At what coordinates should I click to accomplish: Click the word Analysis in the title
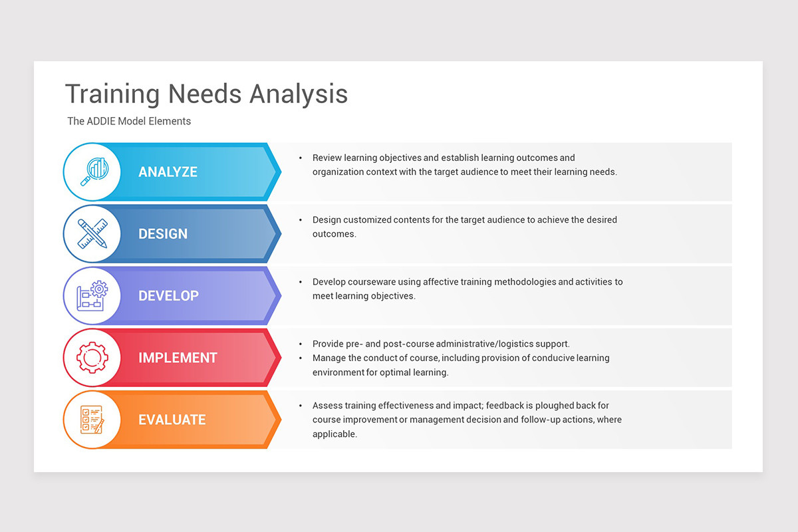pyautogui.click(x=299, y=94)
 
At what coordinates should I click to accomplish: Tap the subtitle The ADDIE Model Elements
pyautogui.click(x=129, y=121)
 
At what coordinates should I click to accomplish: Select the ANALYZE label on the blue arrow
pyautogui.click(x=168, y=172)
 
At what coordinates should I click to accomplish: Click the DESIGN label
pyautogui.click(x=163, y=233)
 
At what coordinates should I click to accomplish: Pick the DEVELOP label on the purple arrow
pyautogui.click(x=168, y=295)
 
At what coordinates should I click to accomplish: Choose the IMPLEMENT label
pyautogui.click(x=178, y=358)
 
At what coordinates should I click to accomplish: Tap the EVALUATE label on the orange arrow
pyautogui.click(x=172, y=420)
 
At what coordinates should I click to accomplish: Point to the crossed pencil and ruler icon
pyautogui.click(x=92, y=233)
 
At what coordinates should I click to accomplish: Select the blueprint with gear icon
pyautogui.click(x=92, y=295)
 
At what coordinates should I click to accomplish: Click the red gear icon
pyautogui.click(x=92, y=358)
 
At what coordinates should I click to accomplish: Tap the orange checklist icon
pyautogui.click(x=92, y=420)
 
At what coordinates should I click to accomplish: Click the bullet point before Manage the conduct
pyautogui.click(x=301, y=358)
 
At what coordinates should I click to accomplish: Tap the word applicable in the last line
pyautogui.click(x=334, y=434)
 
